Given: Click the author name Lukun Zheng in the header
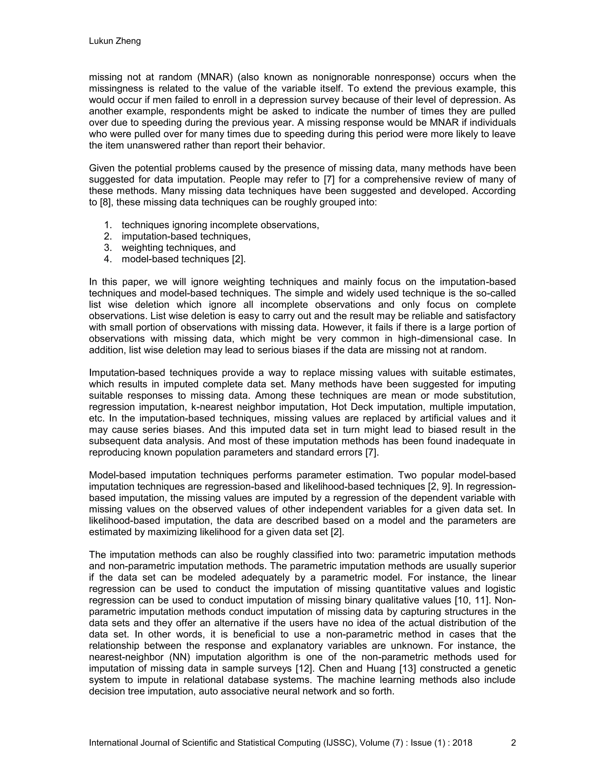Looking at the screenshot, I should coord(115,41).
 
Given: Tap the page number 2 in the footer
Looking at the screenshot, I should coord(513,743).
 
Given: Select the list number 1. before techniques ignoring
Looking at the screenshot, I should coord(108,225).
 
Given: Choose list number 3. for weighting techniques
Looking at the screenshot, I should coord(108,248).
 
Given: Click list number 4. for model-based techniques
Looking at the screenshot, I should coord(108,259).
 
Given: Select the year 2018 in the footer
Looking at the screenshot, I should coord(462,743).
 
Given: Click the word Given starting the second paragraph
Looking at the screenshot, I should coord(101,168).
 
